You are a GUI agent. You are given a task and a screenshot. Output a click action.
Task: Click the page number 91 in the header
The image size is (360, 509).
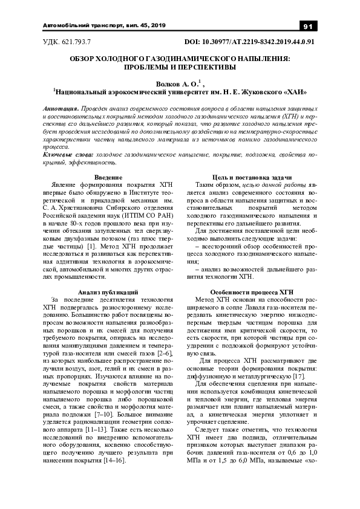(x=307, y=26)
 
